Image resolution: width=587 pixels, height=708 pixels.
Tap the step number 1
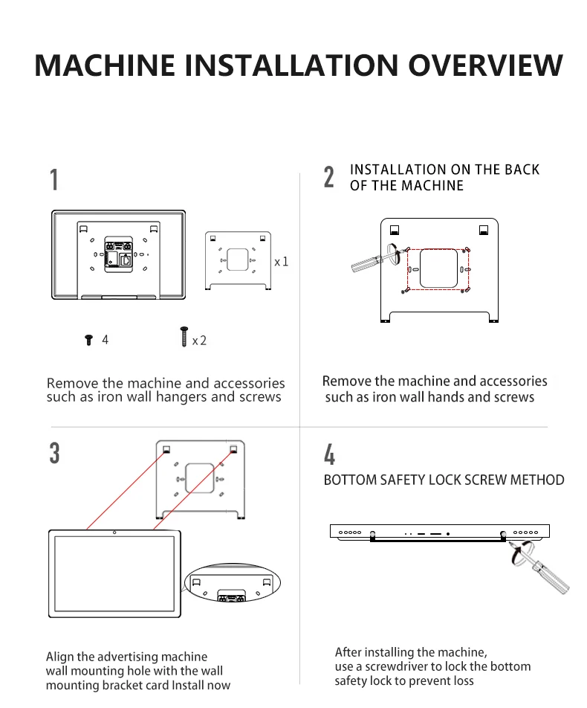[54, 180]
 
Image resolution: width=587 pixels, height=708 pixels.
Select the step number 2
[329, 178]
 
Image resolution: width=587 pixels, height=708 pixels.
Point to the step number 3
[54, 453]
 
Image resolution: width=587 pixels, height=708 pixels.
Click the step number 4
[329, 454]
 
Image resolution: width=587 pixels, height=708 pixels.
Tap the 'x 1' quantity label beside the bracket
[281, 262]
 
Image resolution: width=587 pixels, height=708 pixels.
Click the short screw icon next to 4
[89, 340]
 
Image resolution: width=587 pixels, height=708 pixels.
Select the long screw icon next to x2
[183, 336]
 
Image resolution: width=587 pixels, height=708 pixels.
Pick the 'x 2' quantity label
[199, 341]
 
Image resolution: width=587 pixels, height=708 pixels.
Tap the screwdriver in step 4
[542, 568]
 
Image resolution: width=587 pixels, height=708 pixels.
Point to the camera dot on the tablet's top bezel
[114, 532]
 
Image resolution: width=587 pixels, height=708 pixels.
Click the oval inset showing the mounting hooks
[233, 584]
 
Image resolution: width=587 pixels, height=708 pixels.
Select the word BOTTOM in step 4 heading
[350, 480]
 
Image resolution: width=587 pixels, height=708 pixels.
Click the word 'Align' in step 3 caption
[62, 657]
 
